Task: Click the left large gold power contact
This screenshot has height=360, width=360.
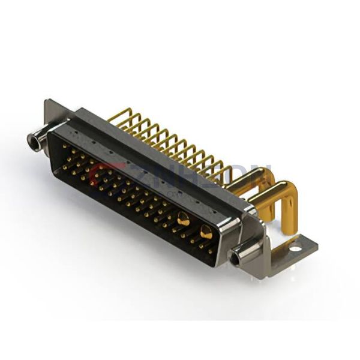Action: (183, 220)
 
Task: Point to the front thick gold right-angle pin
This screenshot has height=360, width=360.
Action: (273, 201)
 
